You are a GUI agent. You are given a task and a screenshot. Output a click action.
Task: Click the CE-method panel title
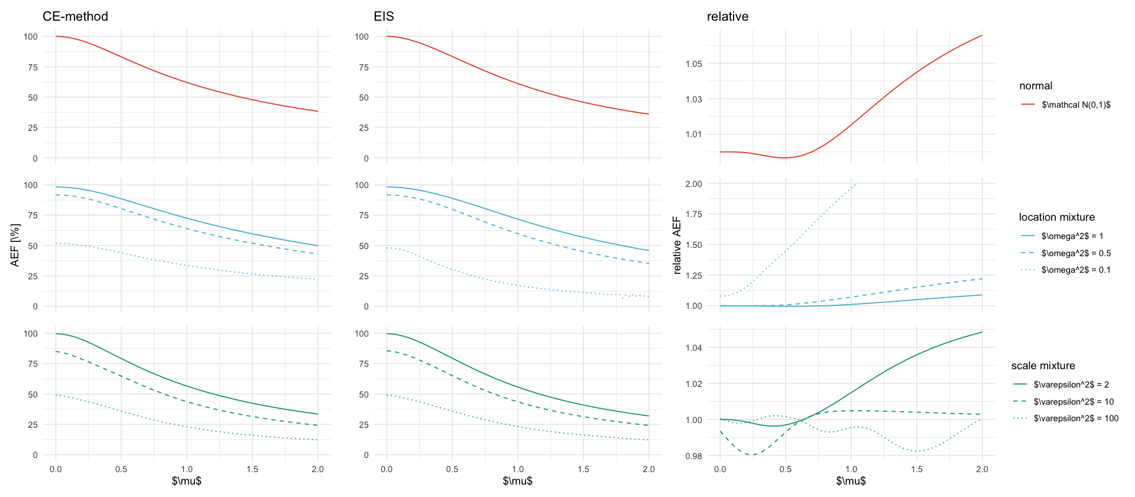[75, 17]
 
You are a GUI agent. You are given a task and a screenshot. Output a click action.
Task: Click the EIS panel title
[384, 17]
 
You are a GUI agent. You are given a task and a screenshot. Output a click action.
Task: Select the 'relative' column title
[727, 17]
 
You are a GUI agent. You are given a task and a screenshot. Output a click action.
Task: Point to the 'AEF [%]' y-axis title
[15, 246]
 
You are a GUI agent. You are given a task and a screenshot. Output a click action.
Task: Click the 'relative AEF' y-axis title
[677, 246]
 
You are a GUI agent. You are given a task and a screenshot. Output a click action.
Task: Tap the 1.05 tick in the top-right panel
[693, 64]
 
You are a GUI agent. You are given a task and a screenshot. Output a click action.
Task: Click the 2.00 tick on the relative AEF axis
[693, 184]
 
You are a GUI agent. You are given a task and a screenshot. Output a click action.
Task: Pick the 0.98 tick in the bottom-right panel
[693, 456]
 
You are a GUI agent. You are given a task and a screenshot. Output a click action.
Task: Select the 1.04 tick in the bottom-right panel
[693, 348]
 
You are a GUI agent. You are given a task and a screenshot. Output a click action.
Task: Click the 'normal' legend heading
[1036, 86]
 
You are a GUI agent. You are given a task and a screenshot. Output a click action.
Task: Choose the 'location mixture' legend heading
[1056, 217]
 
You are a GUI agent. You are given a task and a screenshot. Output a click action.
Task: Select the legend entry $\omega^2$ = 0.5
[1076, 253]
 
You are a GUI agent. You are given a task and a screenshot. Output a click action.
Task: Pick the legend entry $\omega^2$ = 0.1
[1076, 270]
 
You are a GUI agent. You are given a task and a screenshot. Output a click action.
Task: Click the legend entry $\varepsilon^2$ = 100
[1076, 418]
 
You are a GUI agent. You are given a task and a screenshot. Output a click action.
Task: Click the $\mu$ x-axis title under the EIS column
[517, 481]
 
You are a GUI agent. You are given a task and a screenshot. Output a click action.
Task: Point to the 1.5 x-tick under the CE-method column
[252, 469]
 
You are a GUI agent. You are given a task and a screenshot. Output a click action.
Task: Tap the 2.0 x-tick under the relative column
[982, 469]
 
